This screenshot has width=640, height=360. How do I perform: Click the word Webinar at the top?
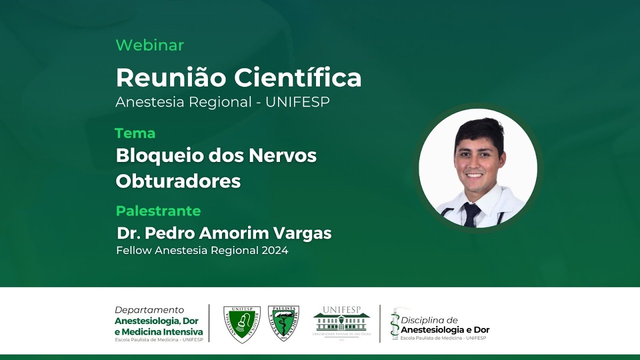coord(149,45)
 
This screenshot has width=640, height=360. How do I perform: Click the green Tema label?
coord(135,133)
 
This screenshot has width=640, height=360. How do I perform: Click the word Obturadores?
coord(178,181)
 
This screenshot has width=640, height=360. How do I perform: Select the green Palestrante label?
coord(158,211)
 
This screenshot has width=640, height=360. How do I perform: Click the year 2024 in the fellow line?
coord(274,250)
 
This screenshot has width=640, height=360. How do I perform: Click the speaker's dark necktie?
coord(471,214)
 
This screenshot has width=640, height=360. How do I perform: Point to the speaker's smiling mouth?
coord(474,176)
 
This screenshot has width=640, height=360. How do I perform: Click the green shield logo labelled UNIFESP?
coord(242,324)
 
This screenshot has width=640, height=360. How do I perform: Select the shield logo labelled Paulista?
coord(283,323)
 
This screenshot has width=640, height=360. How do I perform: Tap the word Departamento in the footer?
coord(149,310)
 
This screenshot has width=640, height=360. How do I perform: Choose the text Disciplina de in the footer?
coord(429,320)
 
